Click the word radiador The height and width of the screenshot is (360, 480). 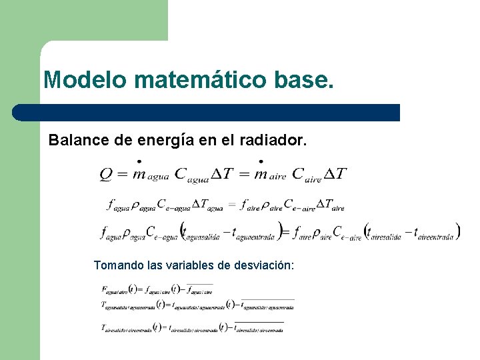(272, 141)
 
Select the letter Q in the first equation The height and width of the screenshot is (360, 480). (106, 174)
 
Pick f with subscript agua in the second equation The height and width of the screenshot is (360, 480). (116, 205)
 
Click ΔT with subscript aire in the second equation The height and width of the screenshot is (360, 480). (330, 205)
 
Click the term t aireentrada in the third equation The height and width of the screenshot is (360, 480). (434, 233)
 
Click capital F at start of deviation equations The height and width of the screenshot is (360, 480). (105, 289)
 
